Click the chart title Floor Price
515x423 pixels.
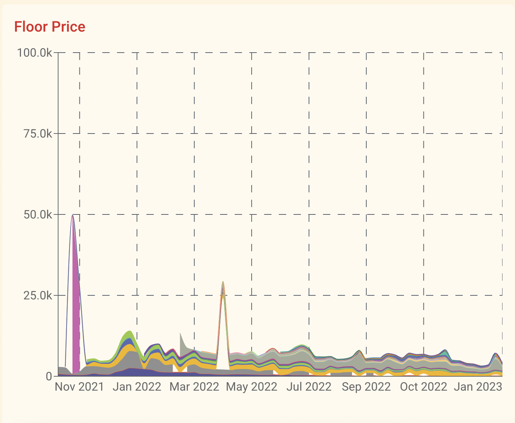coord(50,26)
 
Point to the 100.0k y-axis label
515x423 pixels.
coord(35,53)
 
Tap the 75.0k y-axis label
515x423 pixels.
coord(38,134)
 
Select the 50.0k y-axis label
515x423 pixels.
coord(38,215)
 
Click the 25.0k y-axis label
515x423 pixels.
coord(38,295)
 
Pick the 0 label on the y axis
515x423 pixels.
coord(49,376)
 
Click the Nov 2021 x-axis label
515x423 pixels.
coord(79,387)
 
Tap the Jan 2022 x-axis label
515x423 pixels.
coord(137,387)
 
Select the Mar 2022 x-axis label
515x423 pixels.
coord(194,387)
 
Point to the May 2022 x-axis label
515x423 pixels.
coord(252,387)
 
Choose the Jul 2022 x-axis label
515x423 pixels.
coord(309,387)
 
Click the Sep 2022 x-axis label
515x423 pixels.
coord(366,387)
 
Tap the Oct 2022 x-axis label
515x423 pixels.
coord(423,387)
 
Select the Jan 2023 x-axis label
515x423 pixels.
coord(478,387)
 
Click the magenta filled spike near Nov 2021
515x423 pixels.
coord(76,317)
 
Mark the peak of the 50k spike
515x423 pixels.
coord(72,215)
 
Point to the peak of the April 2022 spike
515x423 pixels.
coord(223,281)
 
